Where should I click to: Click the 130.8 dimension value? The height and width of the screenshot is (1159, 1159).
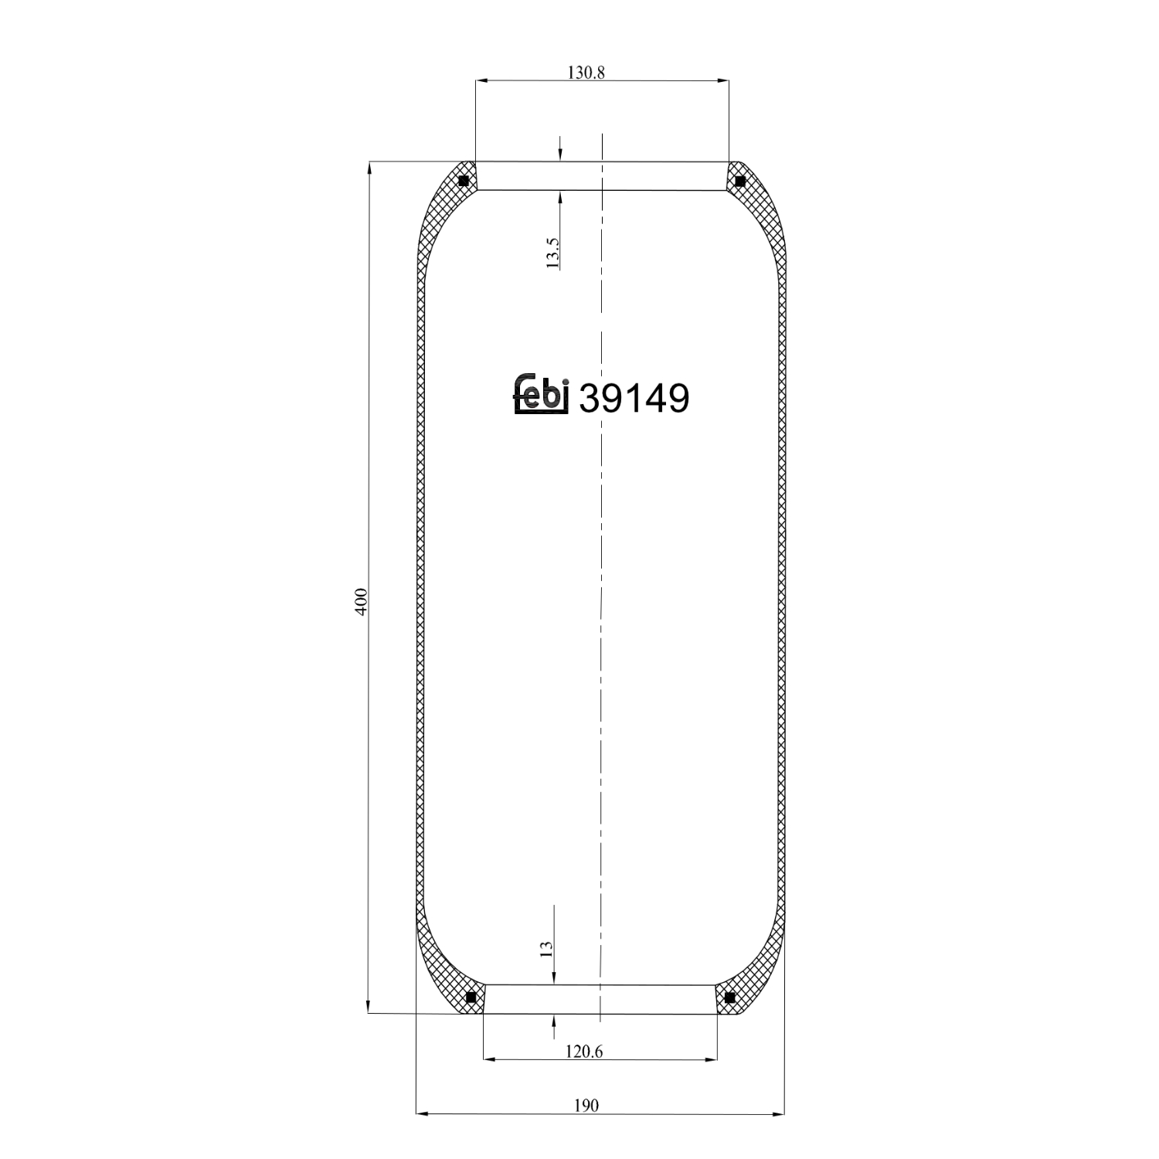(x=586, y=73)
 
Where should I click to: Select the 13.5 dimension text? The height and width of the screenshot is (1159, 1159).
(x=552, y=253)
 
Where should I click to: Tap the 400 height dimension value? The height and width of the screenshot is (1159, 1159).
(x=361, y=601)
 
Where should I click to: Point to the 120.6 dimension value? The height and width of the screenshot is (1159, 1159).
(x=584, y=1052)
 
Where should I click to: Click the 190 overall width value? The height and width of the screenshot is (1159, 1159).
(x=586, y=1106)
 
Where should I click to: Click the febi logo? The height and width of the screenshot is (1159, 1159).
(x=542, y=394)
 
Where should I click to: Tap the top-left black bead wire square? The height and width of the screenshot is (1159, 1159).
(x=464, y=182)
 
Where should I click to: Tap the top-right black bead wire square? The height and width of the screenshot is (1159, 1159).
(x=740, y=182)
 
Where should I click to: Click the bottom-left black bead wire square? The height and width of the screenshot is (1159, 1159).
(x=471, y=998)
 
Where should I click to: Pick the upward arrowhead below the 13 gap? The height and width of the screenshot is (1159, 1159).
(x=554, y=1021)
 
